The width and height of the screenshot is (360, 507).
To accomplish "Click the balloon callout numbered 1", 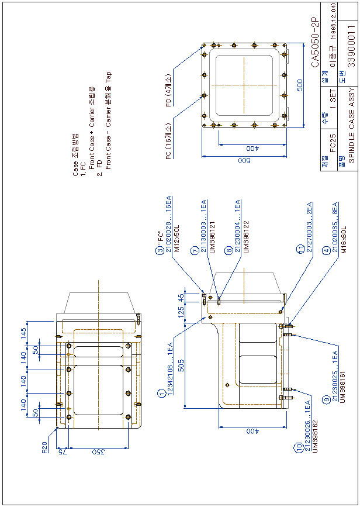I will (161, 393).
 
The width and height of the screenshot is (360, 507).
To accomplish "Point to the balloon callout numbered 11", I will (300, 249).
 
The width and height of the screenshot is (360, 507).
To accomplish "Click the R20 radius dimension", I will (44, 447).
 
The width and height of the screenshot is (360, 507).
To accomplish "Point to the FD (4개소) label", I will (168, 91).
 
